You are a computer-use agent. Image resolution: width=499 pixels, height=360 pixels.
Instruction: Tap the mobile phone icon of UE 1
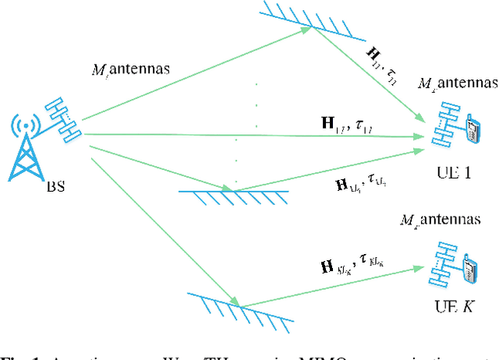pos(471,129)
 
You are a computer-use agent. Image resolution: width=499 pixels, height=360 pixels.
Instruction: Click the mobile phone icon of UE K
pos(470,270)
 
